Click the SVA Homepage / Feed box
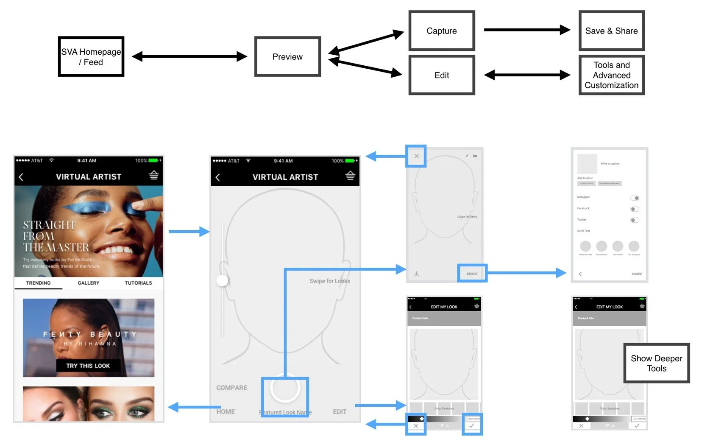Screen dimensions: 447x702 pyautogui.click(x=91, y=56)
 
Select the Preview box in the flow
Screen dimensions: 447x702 pyautogui.click(x=287, y=56)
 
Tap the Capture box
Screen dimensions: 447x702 pyautogui.click(x=441, y=31)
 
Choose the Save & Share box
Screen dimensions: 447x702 pyautogui.click(x=611, y=31)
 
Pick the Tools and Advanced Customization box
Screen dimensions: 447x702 pyautogui.click(x=611, y=75)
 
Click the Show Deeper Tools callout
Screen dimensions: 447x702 pyautogui.click(x=656, y=363)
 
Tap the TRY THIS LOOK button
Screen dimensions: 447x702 pyautogui.click(x=88, y=366)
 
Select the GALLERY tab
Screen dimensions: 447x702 pyautogui.click(x=88, y=283)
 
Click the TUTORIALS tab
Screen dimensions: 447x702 pyautogui.click(x=138, y=283)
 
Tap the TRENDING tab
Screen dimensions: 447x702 pyautogui.click(x=38, y=283)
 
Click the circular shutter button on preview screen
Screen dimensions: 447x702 pyautogui.click(x=285, y=388)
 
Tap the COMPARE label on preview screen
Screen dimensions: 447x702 pyautogui.click(x=231, y=388)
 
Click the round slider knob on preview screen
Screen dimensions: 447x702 pyautogui.click(x=222, y=280)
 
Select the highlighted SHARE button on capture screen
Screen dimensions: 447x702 pyautogui.click(x=472, y=274)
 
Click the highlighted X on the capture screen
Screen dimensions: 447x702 pyautogui.click(x=416, y=156)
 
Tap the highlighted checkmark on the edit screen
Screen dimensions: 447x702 pyautogui.click(x=472, y=425)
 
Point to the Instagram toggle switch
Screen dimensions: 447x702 pyautogui.click(x=634, y=198)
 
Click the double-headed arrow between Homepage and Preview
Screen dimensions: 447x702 pyautogui.click(x=189, y=56)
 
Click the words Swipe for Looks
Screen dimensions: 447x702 pyautogui.click(x=329, y=281)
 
